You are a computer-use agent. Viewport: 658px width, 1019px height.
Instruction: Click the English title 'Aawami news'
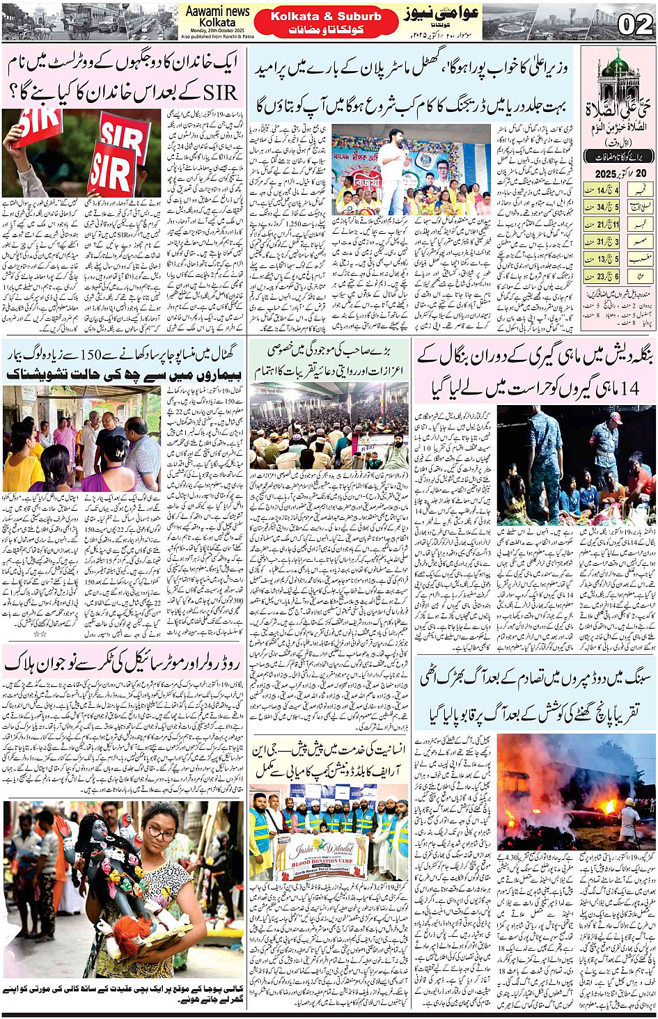pyautogui.click(x=217, y=11)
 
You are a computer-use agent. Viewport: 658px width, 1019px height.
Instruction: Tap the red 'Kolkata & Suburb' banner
pyautogui.click(x=326, y=16)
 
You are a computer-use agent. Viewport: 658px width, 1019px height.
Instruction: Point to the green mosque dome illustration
pyautogui.click(x=616, y=66)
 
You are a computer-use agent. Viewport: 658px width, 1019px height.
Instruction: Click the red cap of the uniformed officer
pyautogui.click(x=615, y=418)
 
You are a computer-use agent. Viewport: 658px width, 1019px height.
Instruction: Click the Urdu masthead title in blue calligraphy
pyautogui.click(x=443, y=15)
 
